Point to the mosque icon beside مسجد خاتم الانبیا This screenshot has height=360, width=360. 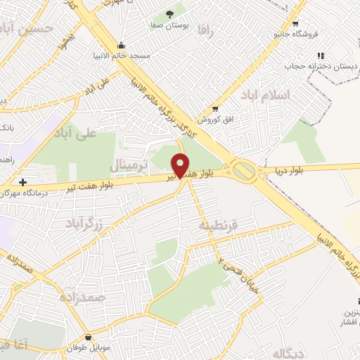click(x=122, y=45)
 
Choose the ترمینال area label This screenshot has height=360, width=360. click(x=128, y=165)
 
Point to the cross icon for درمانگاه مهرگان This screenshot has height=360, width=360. click(x=23, y=181)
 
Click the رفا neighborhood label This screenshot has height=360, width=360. click(x=205, y=30)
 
